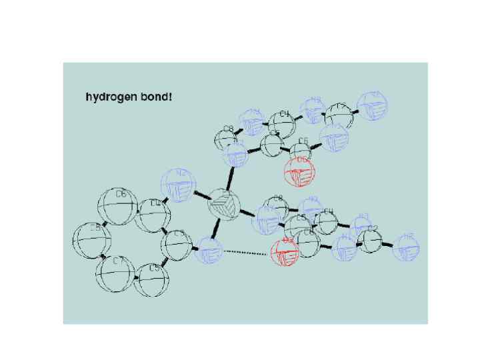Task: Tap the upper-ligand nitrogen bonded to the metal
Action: [x=235, y=157]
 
